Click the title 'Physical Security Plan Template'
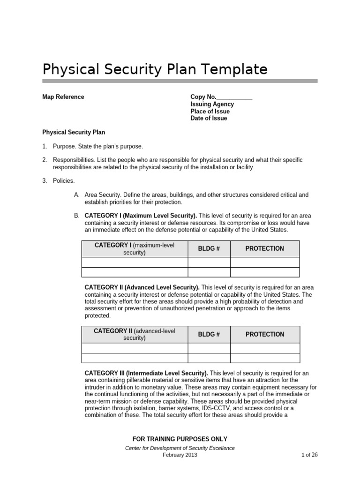155,69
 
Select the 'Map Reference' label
63,97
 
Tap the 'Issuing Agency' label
212,105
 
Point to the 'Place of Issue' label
210,112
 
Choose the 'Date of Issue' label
209,119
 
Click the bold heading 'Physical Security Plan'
74,133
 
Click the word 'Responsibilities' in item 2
75,160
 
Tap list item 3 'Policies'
63,181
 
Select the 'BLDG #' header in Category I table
209,249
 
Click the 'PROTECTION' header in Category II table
265,335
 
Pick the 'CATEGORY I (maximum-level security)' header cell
135,249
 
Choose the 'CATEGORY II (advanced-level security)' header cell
135,335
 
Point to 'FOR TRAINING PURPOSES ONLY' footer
180,439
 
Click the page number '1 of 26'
309,455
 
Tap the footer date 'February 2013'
180,455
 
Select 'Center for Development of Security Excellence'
180,448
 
